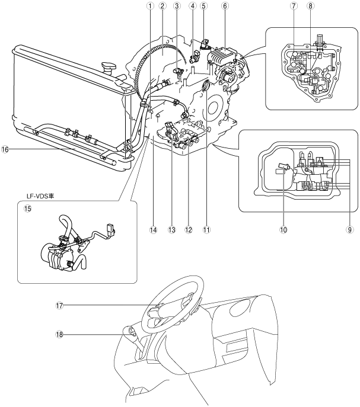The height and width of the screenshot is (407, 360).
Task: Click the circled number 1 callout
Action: (150, 6)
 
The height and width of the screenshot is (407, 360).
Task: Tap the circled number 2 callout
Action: (163, 6)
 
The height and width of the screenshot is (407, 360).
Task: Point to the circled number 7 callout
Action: (294, 6)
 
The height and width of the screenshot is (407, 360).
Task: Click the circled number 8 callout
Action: (310, 6)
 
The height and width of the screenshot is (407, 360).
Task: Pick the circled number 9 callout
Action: (349, 230)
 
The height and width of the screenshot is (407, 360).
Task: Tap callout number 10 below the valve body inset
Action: (283, 230)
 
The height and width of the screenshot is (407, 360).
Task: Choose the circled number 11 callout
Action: (207, 230)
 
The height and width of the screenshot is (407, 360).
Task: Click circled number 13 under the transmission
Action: (172, 230)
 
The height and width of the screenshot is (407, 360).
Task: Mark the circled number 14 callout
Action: (154, 230)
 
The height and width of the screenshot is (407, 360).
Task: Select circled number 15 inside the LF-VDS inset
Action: (27, 209)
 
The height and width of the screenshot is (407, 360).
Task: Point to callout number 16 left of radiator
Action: (5, 149)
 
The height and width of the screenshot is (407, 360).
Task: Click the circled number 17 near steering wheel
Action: (59, 306)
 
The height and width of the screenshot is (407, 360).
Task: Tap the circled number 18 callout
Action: (59, 334)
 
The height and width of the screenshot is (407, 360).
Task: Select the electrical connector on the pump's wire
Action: (110, 230)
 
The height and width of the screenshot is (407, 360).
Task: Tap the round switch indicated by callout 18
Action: (132, 331)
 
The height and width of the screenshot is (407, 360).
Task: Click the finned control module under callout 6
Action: (223, 56)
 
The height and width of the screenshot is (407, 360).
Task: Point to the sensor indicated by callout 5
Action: (205, 44)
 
